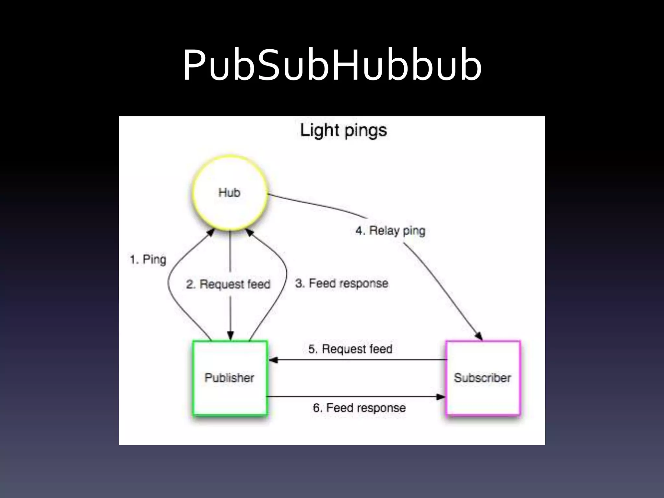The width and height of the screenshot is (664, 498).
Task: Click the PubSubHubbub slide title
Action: [x=332, y=65]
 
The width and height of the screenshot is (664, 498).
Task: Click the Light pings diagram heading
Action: [x=343, y=131]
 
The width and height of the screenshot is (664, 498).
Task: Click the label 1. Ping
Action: [x=148, y=259]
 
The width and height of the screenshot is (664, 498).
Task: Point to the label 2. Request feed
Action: [x=228, y=284]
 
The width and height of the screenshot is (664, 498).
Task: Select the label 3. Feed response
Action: [x=341, y=283]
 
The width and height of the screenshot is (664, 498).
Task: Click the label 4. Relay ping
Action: [x=390, y=231]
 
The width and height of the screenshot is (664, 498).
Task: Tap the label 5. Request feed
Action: [x=350, y=349]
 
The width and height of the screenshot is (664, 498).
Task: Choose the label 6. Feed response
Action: [x=359, y=408]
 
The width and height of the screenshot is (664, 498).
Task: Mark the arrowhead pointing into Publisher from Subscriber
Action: [x=273, y=360]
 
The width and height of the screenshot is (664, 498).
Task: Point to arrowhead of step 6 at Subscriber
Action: [x=441, y=397]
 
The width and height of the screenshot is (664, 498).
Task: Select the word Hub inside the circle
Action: [x=229, y=193]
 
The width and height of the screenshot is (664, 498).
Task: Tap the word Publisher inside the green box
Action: [x=229, y=378]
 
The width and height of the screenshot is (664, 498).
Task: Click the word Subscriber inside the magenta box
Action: [x=482, y=378]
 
